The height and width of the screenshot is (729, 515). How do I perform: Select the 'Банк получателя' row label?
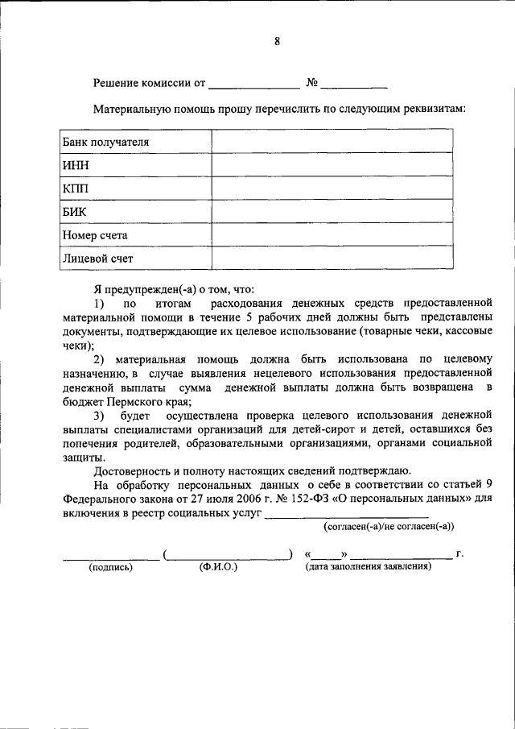106,142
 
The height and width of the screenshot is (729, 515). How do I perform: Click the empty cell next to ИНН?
332,165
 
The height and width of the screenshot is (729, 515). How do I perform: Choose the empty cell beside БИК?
332,212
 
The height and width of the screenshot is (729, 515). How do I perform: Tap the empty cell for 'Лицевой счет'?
332,258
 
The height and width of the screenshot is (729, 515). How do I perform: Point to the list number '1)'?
99,304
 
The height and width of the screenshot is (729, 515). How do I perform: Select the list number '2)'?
99,358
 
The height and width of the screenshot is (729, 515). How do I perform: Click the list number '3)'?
99,415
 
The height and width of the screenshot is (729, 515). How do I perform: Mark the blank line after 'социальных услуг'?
346,516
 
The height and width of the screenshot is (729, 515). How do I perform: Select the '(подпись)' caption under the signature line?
111,567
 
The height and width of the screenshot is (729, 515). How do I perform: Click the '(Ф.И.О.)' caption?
218,567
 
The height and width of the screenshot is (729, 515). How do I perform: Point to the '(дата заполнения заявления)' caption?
368,567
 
